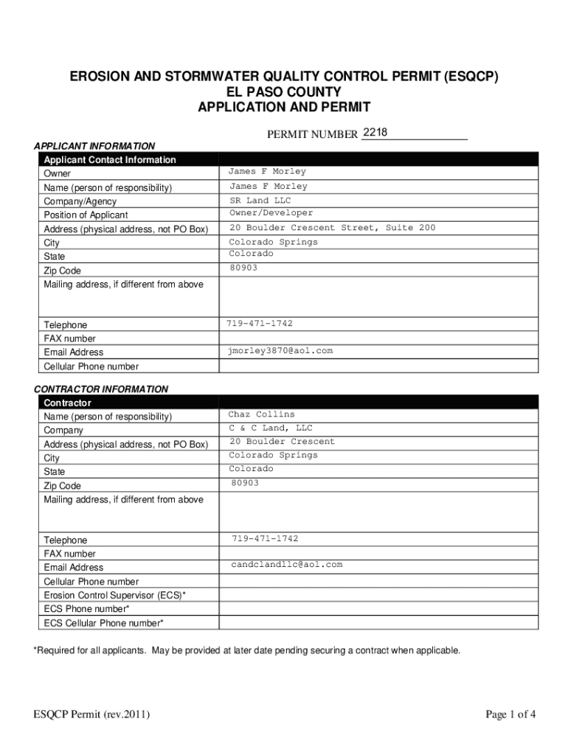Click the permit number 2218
point(375,133)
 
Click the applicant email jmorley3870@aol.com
point(280,351)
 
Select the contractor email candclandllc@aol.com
point(286,565)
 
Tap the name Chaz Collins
point(261,414)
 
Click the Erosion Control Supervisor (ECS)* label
point(114,595)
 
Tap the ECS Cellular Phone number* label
point(103,623)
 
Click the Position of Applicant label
point(86,215)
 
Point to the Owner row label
point(58,173)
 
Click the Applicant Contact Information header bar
point(110,159)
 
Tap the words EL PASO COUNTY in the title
point(284,92)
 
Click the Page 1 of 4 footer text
point(510,714)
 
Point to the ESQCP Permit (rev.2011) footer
point(91,714)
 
